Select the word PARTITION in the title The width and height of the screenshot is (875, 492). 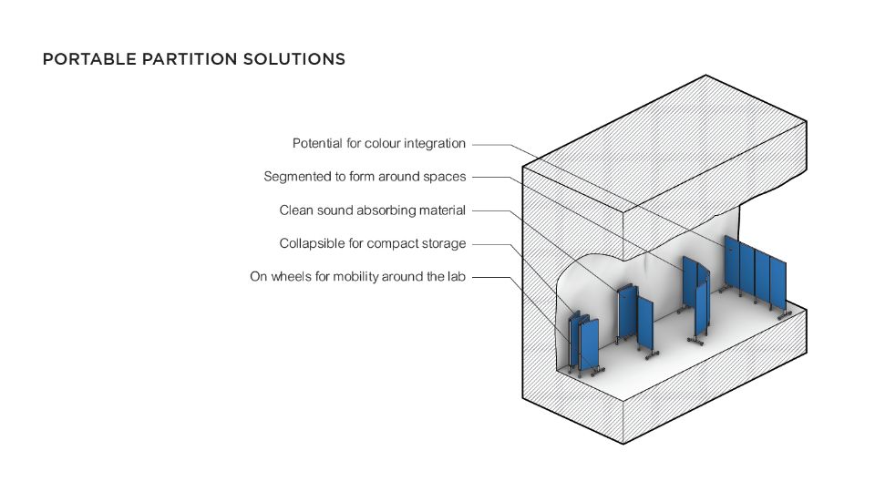[x=185, y=60]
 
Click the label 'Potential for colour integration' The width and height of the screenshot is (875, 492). [x=378, y=144]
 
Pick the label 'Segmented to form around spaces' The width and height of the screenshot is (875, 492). [x=365, y=177]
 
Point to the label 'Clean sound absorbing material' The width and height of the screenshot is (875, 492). [x=372, y=210]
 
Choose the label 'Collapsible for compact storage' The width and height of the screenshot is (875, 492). [x=372, y=243]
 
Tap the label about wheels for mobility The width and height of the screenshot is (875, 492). [x=357, y=276]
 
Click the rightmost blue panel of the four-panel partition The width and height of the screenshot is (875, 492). [x=777, y=284]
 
